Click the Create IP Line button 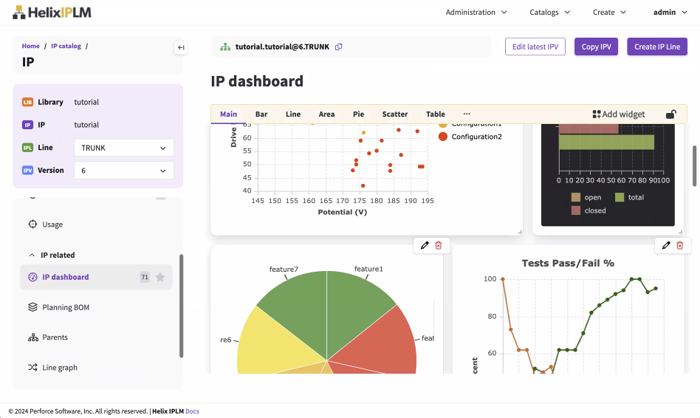click(656, 47)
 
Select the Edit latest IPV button click(535, 47)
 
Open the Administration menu click(476, 12)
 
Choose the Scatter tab click(395, 114)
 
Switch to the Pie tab click(358, 114)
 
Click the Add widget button click(619, 114)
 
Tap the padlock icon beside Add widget click(671, 114)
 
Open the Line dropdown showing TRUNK click(124, 148)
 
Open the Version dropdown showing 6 click(124, 171)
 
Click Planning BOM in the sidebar click(66, 307)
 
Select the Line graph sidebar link click(60, 368)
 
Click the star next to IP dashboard click(160, 277)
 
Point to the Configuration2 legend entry click(476, 137)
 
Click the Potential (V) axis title click(343, 212)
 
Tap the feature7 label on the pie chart click(284, 270)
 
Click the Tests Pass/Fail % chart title click(568, 263)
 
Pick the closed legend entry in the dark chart click(594, 210)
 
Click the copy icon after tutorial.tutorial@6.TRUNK click(339, 47)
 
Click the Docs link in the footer click(192, 411)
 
